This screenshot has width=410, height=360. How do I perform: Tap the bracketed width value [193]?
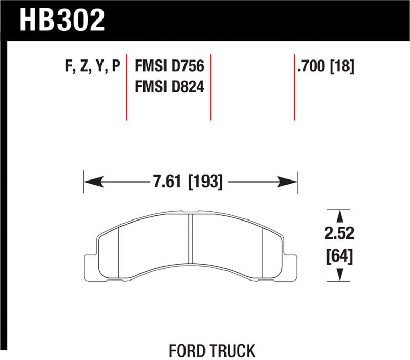point(206,182)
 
